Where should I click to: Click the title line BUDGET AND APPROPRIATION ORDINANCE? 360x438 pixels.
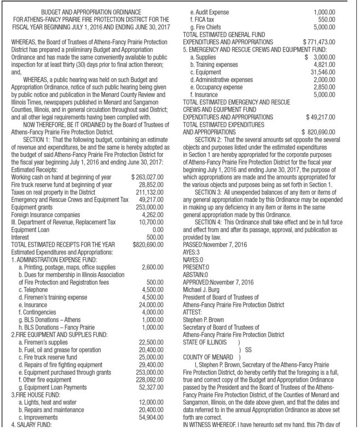91,11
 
